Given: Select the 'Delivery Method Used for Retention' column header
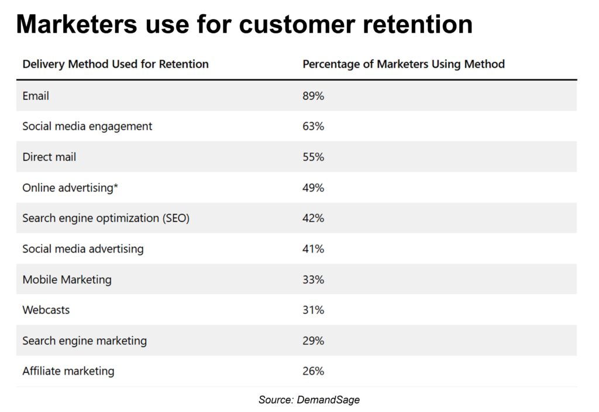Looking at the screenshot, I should click(x=115, y=64).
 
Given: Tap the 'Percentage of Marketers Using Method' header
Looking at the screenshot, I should click(x=403, y=64).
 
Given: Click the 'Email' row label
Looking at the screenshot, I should click(x=36, y=96).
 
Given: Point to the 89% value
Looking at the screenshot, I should click(x=313, y=96).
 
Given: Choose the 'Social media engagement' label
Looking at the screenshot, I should click(x=87, y=126).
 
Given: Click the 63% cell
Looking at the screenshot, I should click(x=313, y=126).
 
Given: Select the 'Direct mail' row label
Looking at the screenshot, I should click(x=49, y=157).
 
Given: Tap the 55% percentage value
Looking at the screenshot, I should click(x=313, y=157).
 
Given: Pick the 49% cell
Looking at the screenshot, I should click(x=313, y=188).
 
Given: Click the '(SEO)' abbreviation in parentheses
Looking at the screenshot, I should click(x=175, y=218).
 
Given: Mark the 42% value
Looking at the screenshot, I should click(x=313, y=218).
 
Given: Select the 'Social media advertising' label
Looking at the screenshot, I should click(x=82, y=249).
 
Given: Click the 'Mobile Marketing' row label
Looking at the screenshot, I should click(x=67, y=279).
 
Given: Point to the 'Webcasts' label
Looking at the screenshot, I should click(x=46, y=310).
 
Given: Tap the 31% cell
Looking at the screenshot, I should click(x=313, y=310).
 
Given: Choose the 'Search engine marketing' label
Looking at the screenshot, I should click(x=84, y=341).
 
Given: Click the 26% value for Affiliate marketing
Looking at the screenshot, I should click(x=313, y=371).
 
